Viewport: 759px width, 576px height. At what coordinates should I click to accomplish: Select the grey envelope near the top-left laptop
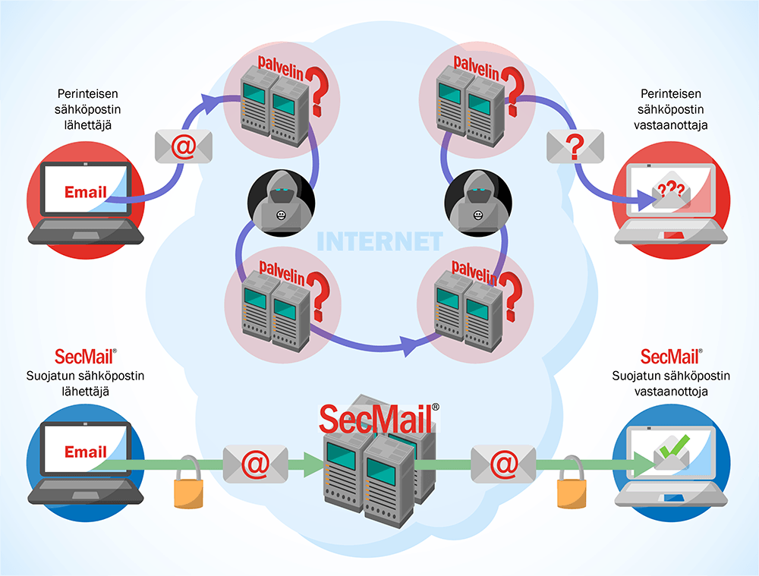(x=183, y=146)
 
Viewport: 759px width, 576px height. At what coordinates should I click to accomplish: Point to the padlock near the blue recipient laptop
(x=571, y=486)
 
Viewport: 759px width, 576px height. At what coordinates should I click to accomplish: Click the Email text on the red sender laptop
(x=85, y=192)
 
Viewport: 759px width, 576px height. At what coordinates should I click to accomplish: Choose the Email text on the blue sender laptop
(x=85, y=452)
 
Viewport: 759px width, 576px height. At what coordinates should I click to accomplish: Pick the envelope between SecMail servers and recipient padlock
(x=502, y=462)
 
